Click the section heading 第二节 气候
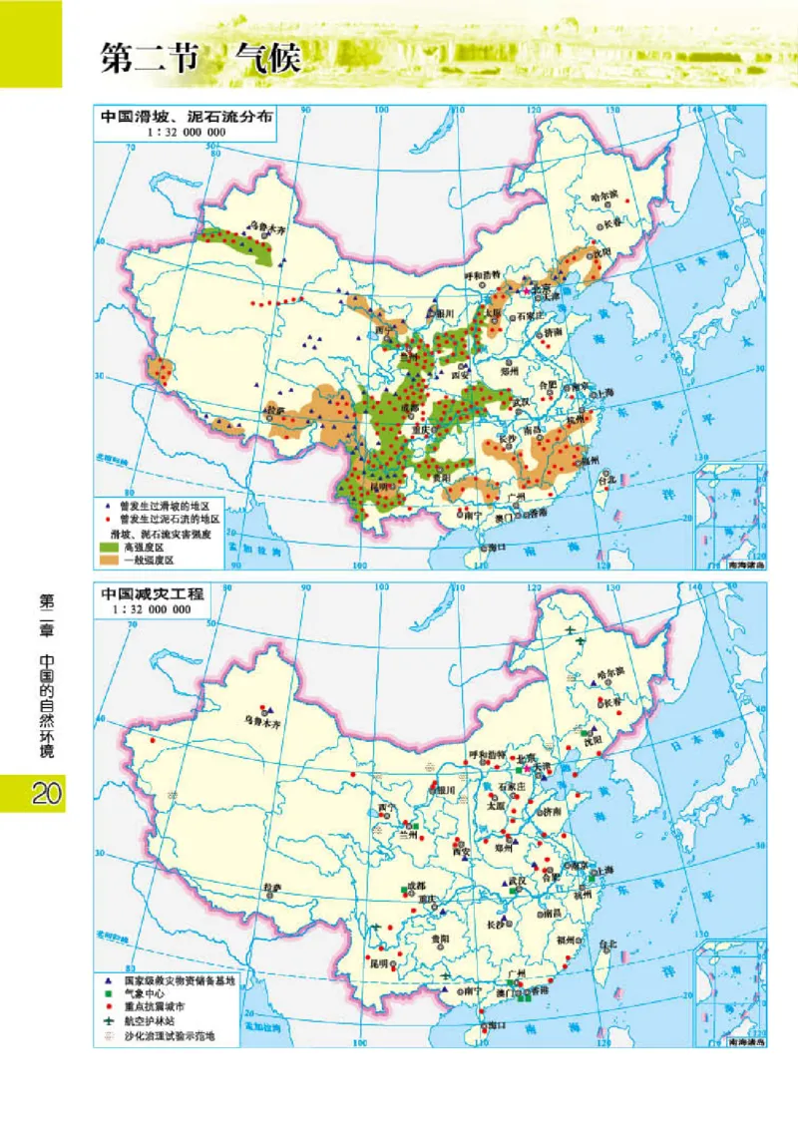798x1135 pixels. click(199, 58)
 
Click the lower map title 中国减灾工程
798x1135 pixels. click(151, 593)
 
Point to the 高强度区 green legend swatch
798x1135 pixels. click(107, 547)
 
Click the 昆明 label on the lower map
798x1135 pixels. click(378, 964)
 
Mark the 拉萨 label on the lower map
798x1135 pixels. click(271, 886)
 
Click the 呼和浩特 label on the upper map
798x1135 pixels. click(485, 275)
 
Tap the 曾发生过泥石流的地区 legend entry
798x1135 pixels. click(169, 520)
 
